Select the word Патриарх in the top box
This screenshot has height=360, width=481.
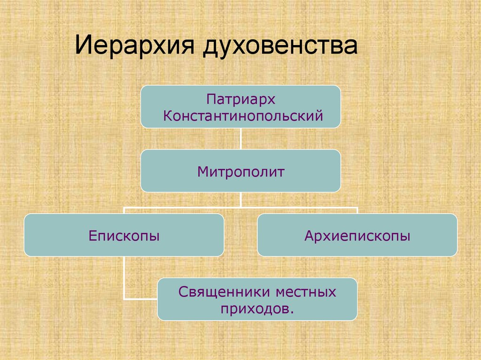240,100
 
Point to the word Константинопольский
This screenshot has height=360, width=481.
243,115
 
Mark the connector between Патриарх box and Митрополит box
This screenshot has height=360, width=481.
240,138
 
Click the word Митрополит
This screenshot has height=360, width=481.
240,172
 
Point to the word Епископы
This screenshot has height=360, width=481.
124,235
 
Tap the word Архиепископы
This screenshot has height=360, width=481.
357,235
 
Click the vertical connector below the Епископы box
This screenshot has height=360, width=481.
124,277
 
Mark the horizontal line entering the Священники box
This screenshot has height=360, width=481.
140,298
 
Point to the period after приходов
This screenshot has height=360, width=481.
286,313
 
